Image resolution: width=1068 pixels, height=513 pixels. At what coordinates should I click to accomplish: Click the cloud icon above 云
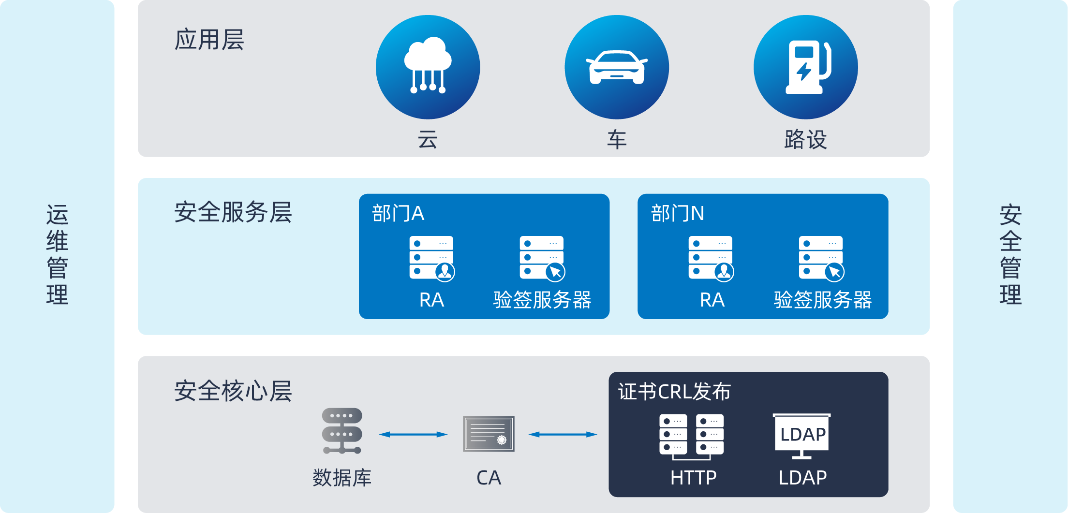428,67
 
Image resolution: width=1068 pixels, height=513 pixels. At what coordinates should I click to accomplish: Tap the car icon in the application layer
617,67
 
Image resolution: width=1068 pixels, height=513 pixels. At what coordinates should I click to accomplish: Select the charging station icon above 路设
805,67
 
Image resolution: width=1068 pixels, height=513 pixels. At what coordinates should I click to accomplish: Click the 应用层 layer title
209,40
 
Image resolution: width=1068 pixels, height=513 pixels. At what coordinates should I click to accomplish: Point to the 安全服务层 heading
233,212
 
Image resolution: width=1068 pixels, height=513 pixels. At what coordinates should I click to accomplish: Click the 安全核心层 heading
233,391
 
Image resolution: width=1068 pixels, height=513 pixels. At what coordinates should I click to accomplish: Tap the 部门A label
398,213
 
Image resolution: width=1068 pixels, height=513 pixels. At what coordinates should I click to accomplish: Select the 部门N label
677,213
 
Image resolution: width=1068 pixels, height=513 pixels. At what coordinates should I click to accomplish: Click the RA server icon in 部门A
431,258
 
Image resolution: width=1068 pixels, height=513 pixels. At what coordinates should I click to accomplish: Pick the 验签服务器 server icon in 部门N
821,258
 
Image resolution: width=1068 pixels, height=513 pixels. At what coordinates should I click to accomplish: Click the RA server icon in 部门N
711,258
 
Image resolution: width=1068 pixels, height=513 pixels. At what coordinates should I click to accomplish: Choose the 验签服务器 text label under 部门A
542,300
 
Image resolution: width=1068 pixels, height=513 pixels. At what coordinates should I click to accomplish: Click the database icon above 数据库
342,431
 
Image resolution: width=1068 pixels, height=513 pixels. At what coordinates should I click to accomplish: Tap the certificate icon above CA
489,434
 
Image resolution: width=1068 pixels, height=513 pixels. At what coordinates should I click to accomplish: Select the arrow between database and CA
413,434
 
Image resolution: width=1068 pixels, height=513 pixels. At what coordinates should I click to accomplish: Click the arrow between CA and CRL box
563,434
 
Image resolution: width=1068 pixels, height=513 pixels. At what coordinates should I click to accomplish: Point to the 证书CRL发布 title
674,392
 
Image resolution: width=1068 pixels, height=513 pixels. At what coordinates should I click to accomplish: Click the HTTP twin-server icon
691,435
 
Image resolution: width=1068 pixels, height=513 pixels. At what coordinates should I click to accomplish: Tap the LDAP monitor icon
802,435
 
